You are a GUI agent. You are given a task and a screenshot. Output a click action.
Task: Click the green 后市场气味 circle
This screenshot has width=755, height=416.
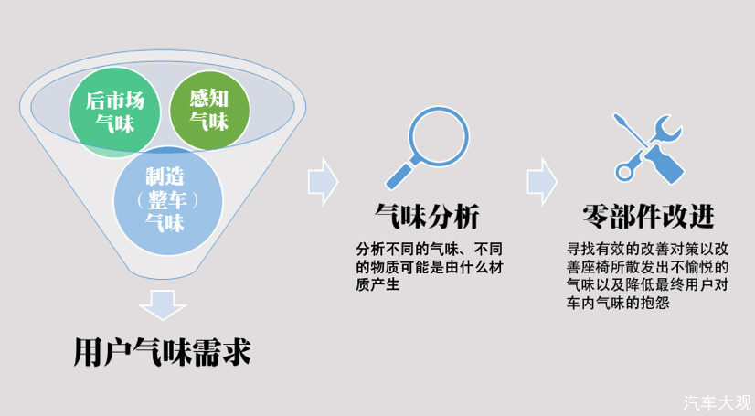pyautogui.click(x=114, y=112)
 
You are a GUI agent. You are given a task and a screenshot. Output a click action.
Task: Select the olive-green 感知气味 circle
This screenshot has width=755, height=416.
pyautogui.click(x=209, y=110)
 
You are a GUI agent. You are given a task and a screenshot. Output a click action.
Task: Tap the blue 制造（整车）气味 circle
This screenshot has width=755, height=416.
pyautogui.click(x=168, y=201)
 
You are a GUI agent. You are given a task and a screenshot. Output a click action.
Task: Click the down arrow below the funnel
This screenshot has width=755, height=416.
pyautogui.click(x=163, y=304)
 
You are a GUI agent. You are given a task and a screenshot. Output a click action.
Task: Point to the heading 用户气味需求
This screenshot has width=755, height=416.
pyautogui.click(x=163, y=352)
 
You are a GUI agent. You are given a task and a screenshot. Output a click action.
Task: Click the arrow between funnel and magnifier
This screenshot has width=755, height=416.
pyautogui.click(x=323, y=182)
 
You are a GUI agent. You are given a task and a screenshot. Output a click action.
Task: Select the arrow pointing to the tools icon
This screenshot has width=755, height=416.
pyautogui.click(x=542, y=182)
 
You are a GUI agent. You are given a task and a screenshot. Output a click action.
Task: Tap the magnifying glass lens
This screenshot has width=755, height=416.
pyautogui.click(x=439, y=136)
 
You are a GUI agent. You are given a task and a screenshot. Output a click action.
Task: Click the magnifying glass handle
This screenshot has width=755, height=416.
pyautogui.click(x=400, y=176)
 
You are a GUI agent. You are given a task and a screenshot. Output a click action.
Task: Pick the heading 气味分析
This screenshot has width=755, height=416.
pyautogui.click(x=427, y=216)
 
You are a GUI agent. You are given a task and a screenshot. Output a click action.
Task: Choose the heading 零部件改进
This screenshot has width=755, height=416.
pyautogui.click(x=648, y=216)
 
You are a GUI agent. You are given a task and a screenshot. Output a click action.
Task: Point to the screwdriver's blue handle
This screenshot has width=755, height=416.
pyautogui.click(x=665, y=164)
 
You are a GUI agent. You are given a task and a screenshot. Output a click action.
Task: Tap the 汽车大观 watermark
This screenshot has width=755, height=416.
pyautogui.click(x=717, y=402)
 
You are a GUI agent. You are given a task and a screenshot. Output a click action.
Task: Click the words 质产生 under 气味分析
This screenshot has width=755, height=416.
pyautogui.click(x=377, y=284)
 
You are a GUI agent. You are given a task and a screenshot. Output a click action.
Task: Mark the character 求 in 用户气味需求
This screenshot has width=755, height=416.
pyautogui.click(x=237, y=352)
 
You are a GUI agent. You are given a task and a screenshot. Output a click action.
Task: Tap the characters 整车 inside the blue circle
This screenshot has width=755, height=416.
pyautogui.click(x=167, y=200)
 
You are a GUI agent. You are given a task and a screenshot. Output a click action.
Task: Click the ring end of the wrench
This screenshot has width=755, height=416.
pyautogui.click(x=624, y=172)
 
